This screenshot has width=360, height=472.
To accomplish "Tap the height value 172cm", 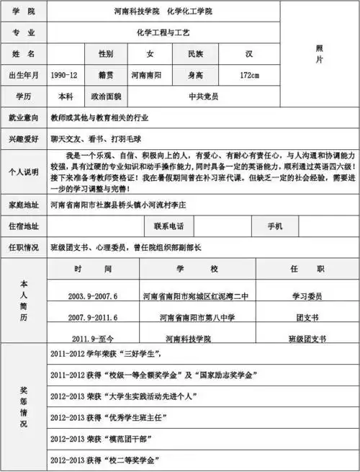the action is pos(249,75).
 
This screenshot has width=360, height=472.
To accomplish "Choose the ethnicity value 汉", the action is pos(248,54).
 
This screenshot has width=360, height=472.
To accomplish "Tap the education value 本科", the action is pos(66,96).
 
